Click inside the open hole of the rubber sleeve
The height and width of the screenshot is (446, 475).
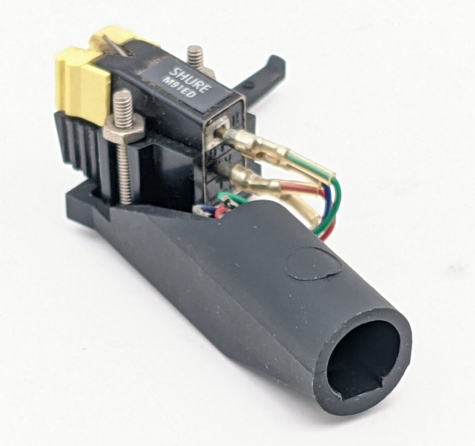[x=362, y=357]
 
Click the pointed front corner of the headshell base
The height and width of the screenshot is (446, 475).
[x=72, y=202]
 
